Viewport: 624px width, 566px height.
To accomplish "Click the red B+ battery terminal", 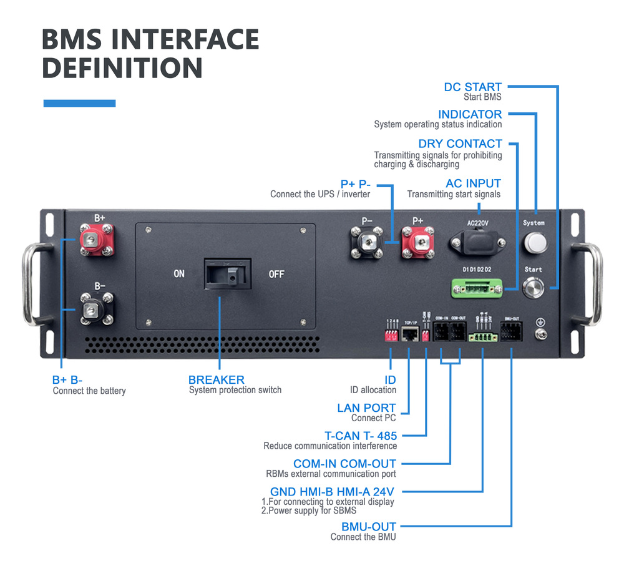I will [95, 242].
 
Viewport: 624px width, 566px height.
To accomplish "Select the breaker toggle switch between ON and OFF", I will [227, 273].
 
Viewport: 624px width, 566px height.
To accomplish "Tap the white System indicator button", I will [534, 243].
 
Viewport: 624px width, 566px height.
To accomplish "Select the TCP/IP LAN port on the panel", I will [410, 334].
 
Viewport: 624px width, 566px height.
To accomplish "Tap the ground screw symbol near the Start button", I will [540, 323].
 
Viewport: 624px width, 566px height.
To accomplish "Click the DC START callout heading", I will [472, 87].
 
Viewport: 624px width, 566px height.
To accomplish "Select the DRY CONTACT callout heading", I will [460, 144].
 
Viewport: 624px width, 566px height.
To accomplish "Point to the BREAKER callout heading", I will [216, 379].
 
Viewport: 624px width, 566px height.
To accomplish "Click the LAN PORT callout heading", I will [366, 407].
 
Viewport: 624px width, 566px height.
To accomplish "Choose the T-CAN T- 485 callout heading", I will [361, 436].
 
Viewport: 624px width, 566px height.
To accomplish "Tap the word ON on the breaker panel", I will [178, 273].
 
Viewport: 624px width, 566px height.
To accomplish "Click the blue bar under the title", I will [79, 103].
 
